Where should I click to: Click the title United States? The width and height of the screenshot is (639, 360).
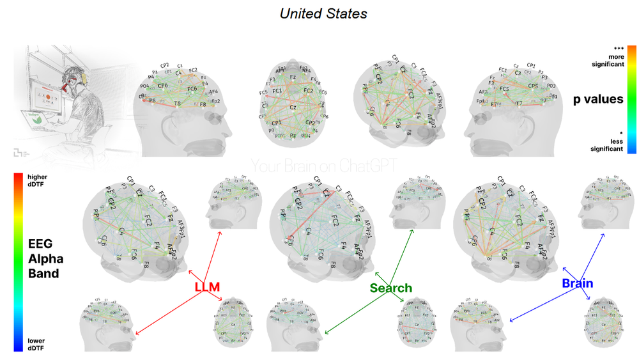coord(323,13)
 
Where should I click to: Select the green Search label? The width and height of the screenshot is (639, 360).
coord(390,288)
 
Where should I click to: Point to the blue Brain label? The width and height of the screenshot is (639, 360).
coord(578,283)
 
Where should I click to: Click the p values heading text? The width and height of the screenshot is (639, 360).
coord(598,99)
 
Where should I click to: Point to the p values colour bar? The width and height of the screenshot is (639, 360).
coord(631,99)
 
